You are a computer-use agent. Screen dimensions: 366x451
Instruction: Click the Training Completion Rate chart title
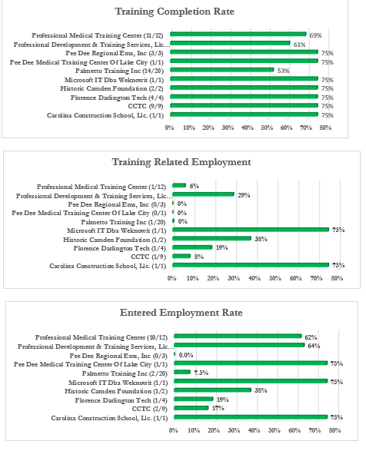click(x=175, y=12)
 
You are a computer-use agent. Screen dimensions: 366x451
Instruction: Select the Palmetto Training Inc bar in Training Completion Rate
click(x=222, y=70)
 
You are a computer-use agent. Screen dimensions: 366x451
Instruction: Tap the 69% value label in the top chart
click(x=315, y=35)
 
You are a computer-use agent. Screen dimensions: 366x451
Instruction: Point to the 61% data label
click(x=299, y=45)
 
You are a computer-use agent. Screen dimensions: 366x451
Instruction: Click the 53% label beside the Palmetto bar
click(x=283, y=71)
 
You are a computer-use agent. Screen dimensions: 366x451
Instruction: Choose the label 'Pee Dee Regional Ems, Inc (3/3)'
click(x=115, y=53)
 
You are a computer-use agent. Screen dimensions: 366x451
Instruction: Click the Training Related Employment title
click(x=181, y=162)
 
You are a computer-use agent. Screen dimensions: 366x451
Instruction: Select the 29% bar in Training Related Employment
click(x=203, y=194)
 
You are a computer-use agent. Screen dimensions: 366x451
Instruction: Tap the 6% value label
click(x=194, y=186)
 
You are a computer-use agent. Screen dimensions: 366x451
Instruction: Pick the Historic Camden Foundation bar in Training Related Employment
click(x=211, y=238)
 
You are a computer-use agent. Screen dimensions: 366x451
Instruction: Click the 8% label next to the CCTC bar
click(x=198, y=257)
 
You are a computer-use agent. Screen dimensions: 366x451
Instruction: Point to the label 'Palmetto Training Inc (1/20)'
click(x=123, y=222)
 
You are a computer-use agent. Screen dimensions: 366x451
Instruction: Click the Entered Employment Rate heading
click(x=181, y=313)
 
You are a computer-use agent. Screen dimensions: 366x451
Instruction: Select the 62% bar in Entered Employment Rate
click(x=238, y=336)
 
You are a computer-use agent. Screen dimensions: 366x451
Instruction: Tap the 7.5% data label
click(x=201, y=373)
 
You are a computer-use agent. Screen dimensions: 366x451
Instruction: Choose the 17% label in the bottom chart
click(x=218, y=408)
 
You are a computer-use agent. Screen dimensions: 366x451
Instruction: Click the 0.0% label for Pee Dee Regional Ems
click(x=186, y=355)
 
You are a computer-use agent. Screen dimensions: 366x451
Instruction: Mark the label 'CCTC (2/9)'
click(x=149, y=409)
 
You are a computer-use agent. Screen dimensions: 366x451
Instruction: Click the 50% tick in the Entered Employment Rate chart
click(x=274, y=430)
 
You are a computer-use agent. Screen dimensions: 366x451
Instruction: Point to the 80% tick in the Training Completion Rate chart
click(x=325, y=128)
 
